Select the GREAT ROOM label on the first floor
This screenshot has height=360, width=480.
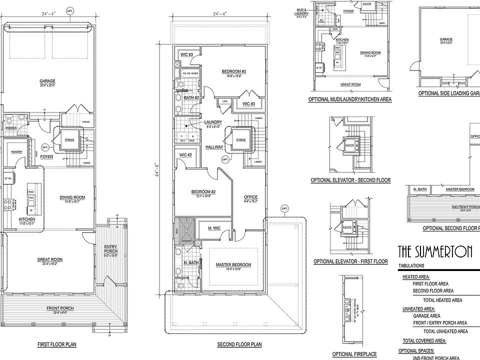[x=49, y=259]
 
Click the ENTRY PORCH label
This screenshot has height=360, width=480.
[x=110, y=248]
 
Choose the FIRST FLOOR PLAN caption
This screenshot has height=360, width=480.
[x=56, y=344]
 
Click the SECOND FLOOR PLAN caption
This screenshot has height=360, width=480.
[x=239, y=344]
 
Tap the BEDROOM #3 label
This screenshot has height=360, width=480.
[x=234, y=71]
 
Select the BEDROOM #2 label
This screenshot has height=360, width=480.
[x=202, y=191]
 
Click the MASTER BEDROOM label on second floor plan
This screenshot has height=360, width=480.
[x=233, y=264]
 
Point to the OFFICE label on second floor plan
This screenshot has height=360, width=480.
[x=250, y=197]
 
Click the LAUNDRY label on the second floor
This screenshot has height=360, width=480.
[x=212, y=122]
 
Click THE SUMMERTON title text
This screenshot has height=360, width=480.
[x=435, y=251]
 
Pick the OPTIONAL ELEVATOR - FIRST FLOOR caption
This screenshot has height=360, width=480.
[x=350, y=261]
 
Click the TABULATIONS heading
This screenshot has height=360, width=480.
[x=411, y=266]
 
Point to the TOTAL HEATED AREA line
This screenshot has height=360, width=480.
[x=442, y=300]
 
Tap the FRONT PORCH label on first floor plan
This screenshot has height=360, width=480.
[x=60, y=308]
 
